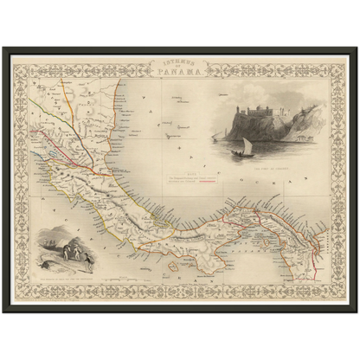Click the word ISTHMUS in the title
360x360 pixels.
tap(180, 62)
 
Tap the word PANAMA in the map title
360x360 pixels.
tap(180, 71)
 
